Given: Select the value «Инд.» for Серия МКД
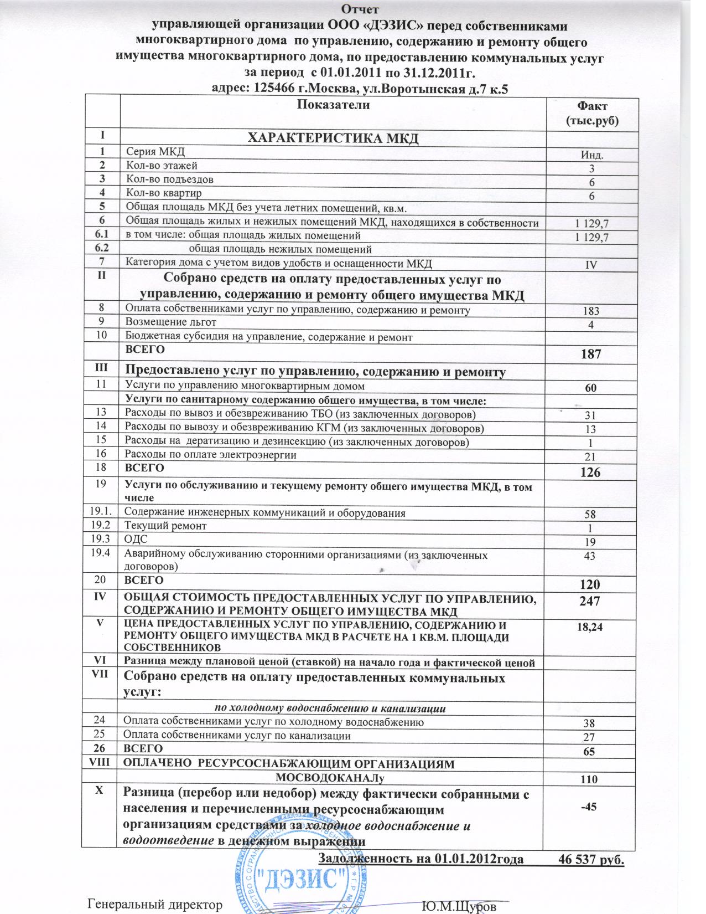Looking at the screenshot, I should [x=590, y=155].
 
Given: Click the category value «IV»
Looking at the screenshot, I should [x=590, y=265].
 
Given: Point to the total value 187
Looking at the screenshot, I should [x=590, y=354].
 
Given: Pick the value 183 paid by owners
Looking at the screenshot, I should [x=590, y=311].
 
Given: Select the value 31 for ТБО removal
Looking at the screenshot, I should [x=590, y=416].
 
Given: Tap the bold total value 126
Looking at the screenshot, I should [x=590, y=473].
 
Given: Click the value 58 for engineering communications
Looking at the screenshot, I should [x=590, y=515].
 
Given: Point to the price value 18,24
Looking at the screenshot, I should [x=590, y=627].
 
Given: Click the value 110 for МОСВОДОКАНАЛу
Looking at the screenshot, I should [x=590, y=779].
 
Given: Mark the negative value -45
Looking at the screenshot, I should [x=590, y=807].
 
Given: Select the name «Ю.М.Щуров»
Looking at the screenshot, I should [x=459, y=906].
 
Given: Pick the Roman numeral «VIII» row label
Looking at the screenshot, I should [x=100, y=764].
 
